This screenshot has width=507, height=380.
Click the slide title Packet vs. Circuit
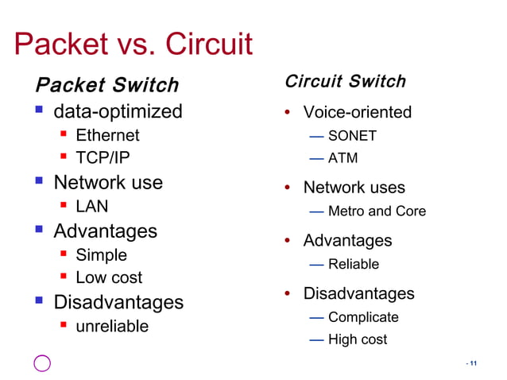click(x=134, y=45)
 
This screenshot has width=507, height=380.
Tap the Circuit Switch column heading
click(x=345, y=81)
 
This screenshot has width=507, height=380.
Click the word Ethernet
click(x=107, y=135)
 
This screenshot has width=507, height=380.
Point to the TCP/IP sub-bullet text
click(x=103, y=158)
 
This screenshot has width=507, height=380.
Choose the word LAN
click(x=91, y=207)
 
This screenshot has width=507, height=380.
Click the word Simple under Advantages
click(x=101, y=255)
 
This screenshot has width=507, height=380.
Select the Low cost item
click(x=109, y=277)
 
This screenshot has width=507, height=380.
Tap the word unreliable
click(x=111, y=326)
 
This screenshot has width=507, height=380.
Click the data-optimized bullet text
click(x=118, y=111)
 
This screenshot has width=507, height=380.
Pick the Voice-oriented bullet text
click(x=358, y=112)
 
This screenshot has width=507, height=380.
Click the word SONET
click(x=352, y=136)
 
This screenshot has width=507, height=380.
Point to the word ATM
click(x=343, y=158)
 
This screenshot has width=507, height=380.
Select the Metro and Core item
click(x=377, y=211)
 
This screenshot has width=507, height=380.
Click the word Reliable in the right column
click(x=354, y=264)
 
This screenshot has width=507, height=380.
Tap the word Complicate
click(x=363, y=317)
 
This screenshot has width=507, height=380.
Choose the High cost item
click(x=358, y=339)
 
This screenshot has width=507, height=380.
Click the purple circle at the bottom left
click(x=42, y=363)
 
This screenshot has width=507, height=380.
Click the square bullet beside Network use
click(x=37, y=182)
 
